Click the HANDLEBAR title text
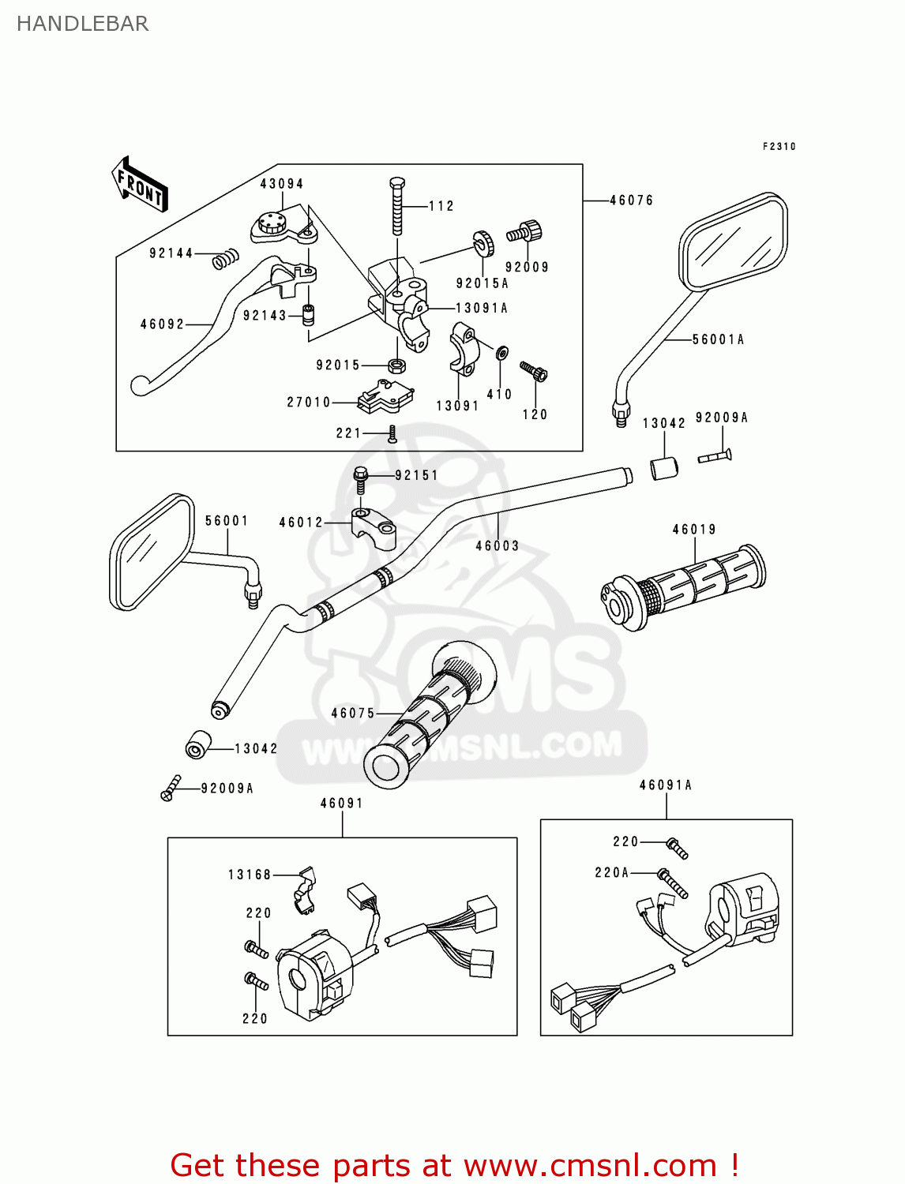(82, 24)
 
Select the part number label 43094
(282, 184)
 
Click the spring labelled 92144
(226, 257)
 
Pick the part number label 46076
(632, 200)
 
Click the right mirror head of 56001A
(734, 241)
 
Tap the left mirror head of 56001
(152, 553)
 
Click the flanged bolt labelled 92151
(361, 477)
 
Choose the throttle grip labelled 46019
(683, 588)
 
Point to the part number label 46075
(353, 714)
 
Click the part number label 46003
(498, 545)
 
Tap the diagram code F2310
(779, 147)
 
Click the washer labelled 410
(501, 353)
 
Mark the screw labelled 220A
(673, 883)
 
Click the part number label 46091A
(666, 785)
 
